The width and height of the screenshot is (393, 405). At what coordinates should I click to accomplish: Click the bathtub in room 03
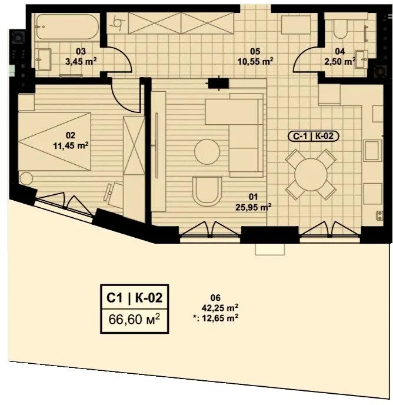coord(67,26)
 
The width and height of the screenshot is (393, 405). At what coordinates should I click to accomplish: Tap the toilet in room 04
coord(340,28)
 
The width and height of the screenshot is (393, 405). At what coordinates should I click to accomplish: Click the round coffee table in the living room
coord(207,152)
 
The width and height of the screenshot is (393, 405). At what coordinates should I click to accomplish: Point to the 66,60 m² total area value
coord(134,320)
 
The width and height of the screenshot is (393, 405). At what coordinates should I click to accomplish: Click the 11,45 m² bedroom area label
coord(71,145)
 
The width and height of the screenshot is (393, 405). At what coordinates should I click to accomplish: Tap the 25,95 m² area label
coord(254,207)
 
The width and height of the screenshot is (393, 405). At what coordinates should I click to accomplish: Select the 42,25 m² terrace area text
coord(220,308)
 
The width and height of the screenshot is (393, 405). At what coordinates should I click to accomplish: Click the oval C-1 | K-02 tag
coord(313,136)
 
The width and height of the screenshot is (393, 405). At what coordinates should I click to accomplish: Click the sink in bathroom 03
coord(43,59)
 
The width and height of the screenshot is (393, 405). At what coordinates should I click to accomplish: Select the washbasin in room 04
coord(361,59)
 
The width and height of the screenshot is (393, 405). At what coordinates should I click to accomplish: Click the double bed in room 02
coord(55,141)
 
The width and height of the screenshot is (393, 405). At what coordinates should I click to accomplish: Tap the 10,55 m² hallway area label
coord(255,62)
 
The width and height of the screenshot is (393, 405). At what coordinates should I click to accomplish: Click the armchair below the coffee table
coord(207,191)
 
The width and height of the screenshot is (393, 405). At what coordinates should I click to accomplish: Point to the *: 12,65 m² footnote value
coord(215,318)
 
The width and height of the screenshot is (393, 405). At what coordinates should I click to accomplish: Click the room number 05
coord(255,51)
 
